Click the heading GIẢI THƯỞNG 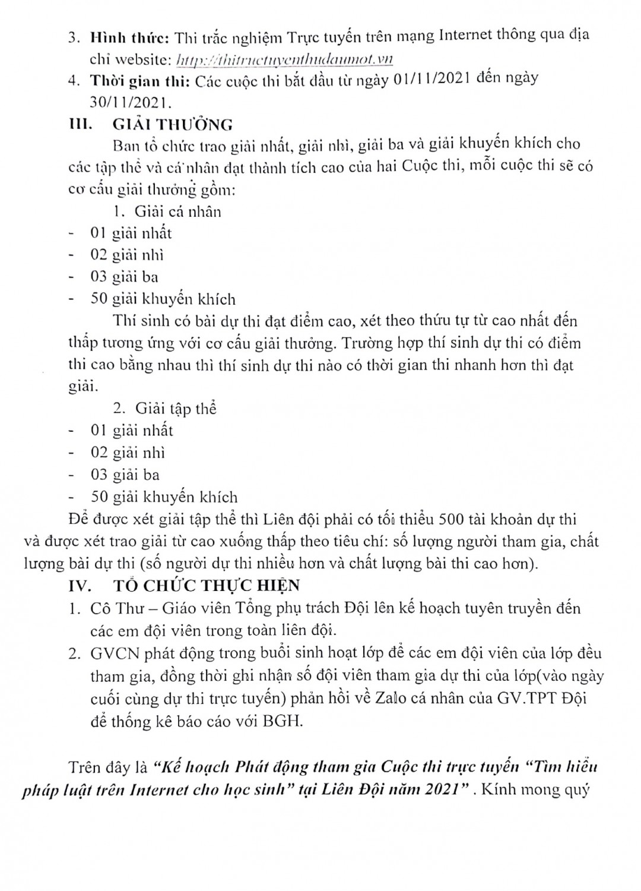click(173, 125)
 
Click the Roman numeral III click(79, 125)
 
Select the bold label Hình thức click(130, 36)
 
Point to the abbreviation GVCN click(113, 654)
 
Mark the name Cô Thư click(113, 609)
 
